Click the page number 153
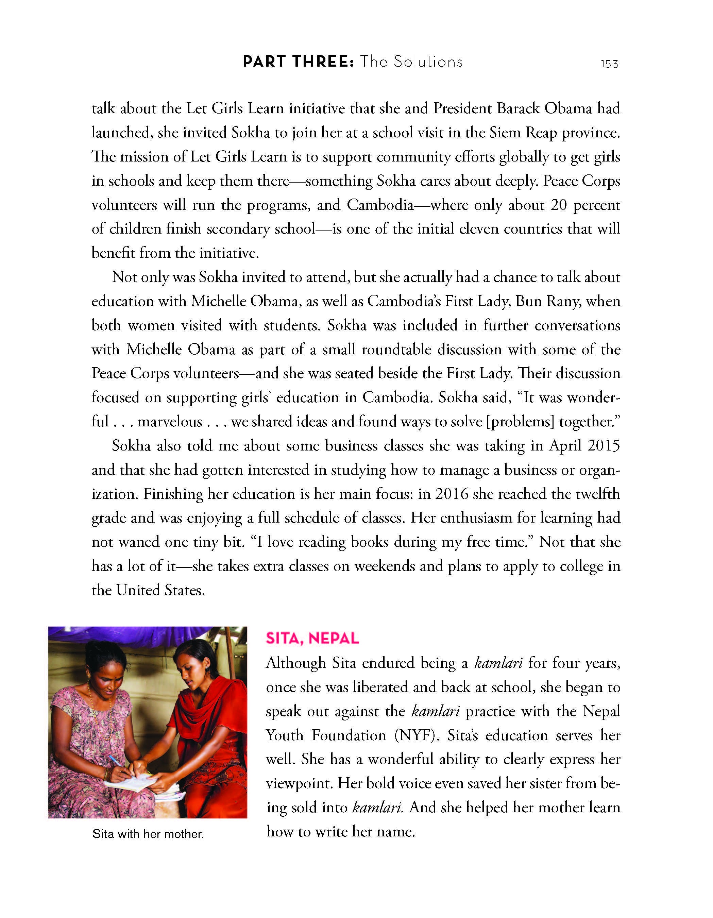coord(609,64)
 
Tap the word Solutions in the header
coord(428,62)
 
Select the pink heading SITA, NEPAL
coord(312,639)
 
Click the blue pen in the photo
coord(115,760)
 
